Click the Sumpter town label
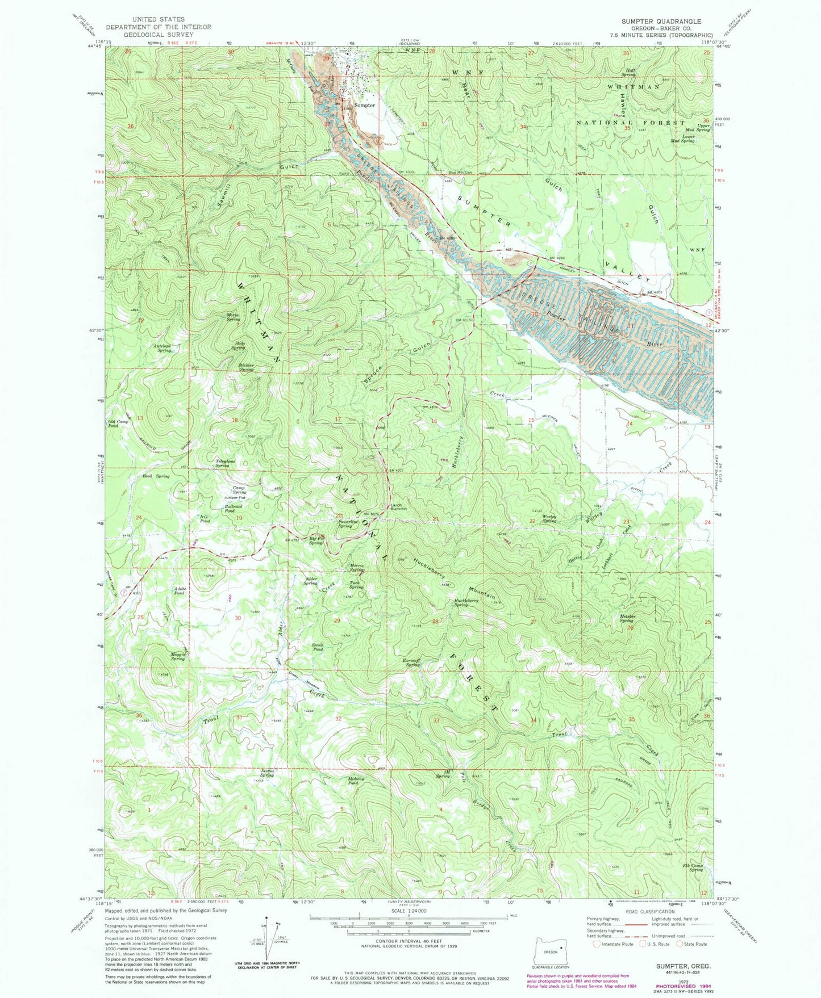pos(364,106)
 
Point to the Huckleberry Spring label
pos(469,602)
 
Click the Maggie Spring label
pos(177,656)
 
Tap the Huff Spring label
pos(628,72)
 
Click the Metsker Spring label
pos(627,618)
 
